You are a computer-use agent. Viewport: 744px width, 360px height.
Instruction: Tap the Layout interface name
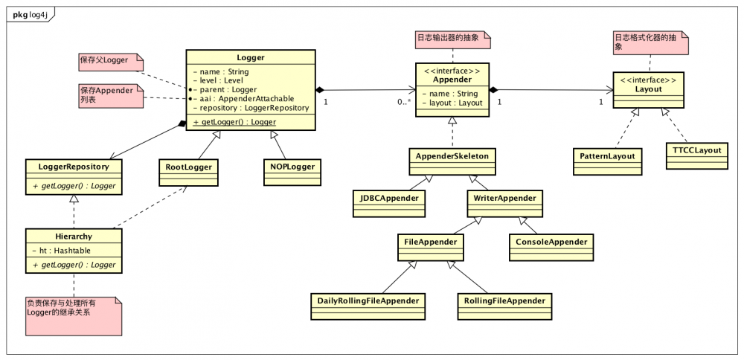[649, 89]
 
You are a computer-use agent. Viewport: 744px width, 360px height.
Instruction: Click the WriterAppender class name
[505, 197]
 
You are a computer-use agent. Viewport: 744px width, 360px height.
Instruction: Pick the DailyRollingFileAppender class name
[368, 300]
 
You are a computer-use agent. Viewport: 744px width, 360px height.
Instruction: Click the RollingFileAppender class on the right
[504, 303]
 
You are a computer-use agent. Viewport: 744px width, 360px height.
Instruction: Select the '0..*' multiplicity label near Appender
[404, 101]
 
